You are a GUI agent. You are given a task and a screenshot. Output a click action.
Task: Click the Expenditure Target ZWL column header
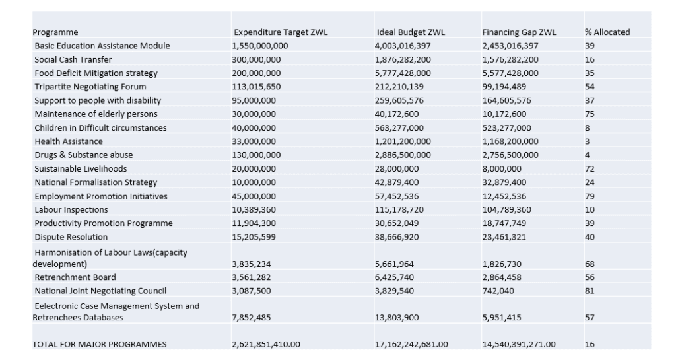click(x=281, y=32)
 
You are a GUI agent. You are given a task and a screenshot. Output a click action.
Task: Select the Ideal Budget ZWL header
click(x=411, y=32)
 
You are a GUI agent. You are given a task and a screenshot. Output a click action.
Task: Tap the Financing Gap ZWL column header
click(x=519, y=32)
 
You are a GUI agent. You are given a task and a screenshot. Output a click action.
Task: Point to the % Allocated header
click(x=607, y=32)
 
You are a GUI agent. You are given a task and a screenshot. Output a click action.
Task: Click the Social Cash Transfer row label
click(x=73, y=59)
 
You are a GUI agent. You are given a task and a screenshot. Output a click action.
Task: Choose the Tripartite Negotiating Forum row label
click(x=90, y=87)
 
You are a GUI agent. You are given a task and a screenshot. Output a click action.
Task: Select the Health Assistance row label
click(x=69, y=141)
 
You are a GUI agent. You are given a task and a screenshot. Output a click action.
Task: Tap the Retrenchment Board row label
click(x=75, y=277)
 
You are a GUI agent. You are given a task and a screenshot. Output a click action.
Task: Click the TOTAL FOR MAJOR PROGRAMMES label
click(x=99, y=345)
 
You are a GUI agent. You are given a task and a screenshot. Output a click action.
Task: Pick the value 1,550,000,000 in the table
click(x=260, y=46)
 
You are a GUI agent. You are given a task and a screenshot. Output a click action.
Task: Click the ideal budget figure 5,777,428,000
click(x=403, y=73)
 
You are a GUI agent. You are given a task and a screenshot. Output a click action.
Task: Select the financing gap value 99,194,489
click(x=504, y=87)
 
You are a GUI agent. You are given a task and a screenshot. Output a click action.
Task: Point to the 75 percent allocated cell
click(x=590, y=114)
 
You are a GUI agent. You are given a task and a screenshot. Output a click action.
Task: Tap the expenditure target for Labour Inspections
click(x=254, y=210)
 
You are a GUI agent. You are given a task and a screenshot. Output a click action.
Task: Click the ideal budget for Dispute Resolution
click(x=397, y=237)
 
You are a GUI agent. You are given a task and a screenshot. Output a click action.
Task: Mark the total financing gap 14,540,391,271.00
click(x=519, y=345)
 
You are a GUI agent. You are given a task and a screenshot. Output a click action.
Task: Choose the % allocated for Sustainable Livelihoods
click(x=590, y=169)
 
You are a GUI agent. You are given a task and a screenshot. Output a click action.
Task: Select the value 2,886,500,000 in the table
click(x=403, y=155)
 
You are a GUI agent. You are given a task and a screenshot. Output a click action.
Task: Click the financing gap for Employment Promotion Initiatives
click(x=504, y=196)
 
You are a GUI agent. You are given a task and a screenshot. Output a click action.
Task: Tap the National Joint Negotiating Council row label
click(x=100, y=291)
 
